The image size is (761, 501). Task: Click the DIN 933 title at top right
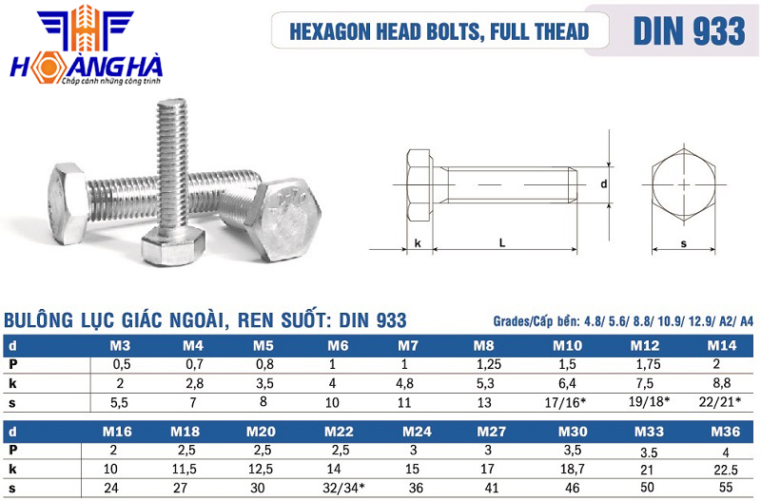click(689, 30)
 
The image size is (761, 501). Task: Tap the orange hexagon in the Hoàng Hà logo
click(48, 68)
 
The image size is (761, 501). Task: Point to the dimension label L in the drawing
click(502, 242)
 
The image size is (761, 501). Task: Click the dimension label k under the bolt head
click(418, 243)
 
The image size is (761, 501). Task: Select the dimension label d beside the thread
click(604, 183)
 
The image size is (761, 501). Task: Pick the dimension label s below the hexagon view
click(684, 243)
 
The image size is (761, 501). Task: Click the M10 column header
click(567, 346)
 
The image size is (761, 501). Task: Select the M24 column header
click(417, 432)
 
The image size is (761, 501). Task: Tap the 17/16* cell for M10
click(565, 402)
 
